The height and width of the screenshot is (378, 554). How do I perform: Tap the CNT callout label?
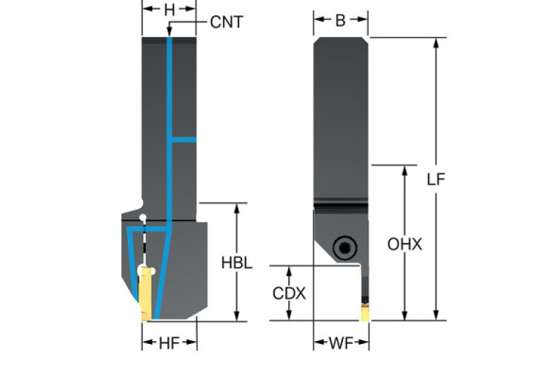click(x=226, y=22)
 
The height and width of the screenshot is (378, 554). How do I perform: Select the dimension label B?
click(x=339, y=21)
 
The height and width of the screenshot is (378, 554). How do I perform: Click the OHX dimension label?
click(x=404, y=244)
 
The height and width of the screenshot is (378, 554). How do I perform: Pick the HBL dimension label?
click(x=236, y=263)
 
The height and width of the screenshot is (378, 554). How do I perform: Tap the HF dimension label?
click(x=168, y=344)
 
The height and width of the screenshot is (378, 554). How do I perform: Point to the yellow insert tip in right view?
click(x=365, y=312)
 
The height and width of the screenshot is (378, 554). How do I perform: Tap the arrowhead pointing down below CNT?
click(x=169, y=33)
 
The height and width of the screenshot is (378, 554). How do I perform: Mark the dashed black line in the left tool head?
click(x=144, y=243)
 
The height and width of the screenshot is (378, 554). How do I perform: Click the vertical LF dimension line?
click(x=436, y=108)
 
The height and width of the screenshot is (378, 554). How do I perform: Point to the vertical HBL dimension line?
click(x=236, y=231)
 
